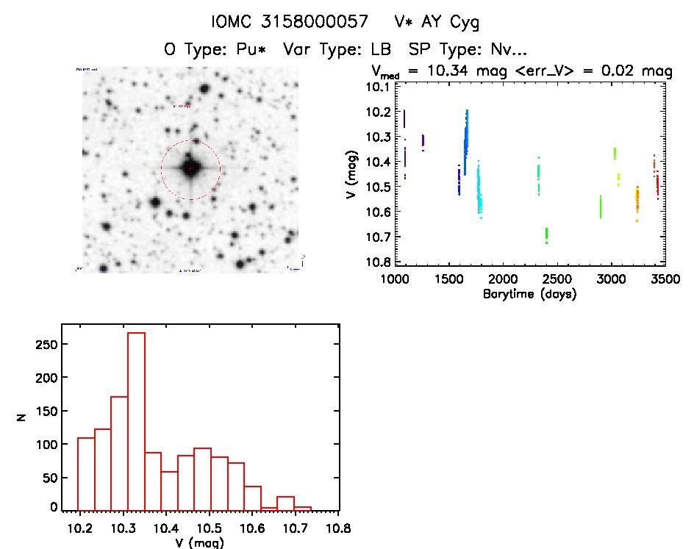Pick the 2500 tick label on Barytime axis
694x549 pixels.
[x=557, y=280]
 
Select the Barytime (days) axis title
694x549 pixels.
[x=529, y=295]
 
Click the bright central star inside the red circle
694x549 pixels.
[x=190, y=169]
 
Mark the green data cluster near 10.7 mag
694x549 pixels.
[x=546, y=235]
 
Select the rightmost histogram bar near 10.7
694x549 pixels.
[x=303, y=508]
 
